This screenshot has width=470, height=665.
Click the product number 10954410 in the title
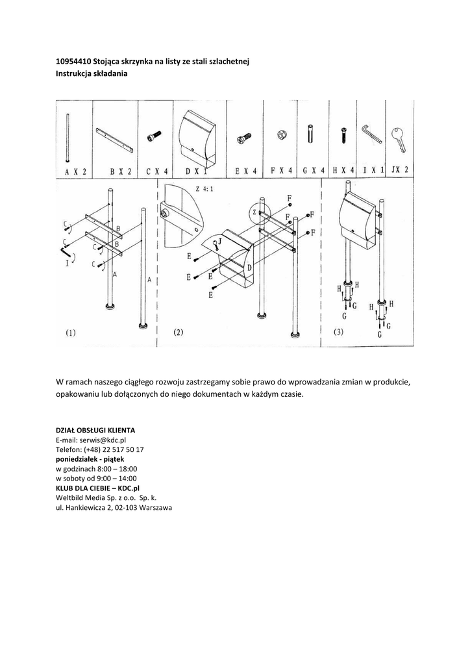73,61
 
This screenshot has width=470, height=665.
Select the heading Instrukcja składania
92,73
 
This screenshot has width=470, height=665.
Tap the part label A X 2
76,171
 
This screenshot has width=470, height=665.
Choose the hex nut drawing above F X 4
282,135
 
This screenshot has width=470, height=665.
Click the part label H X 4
343,171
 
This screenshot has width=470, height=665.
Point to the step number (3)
339,332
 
